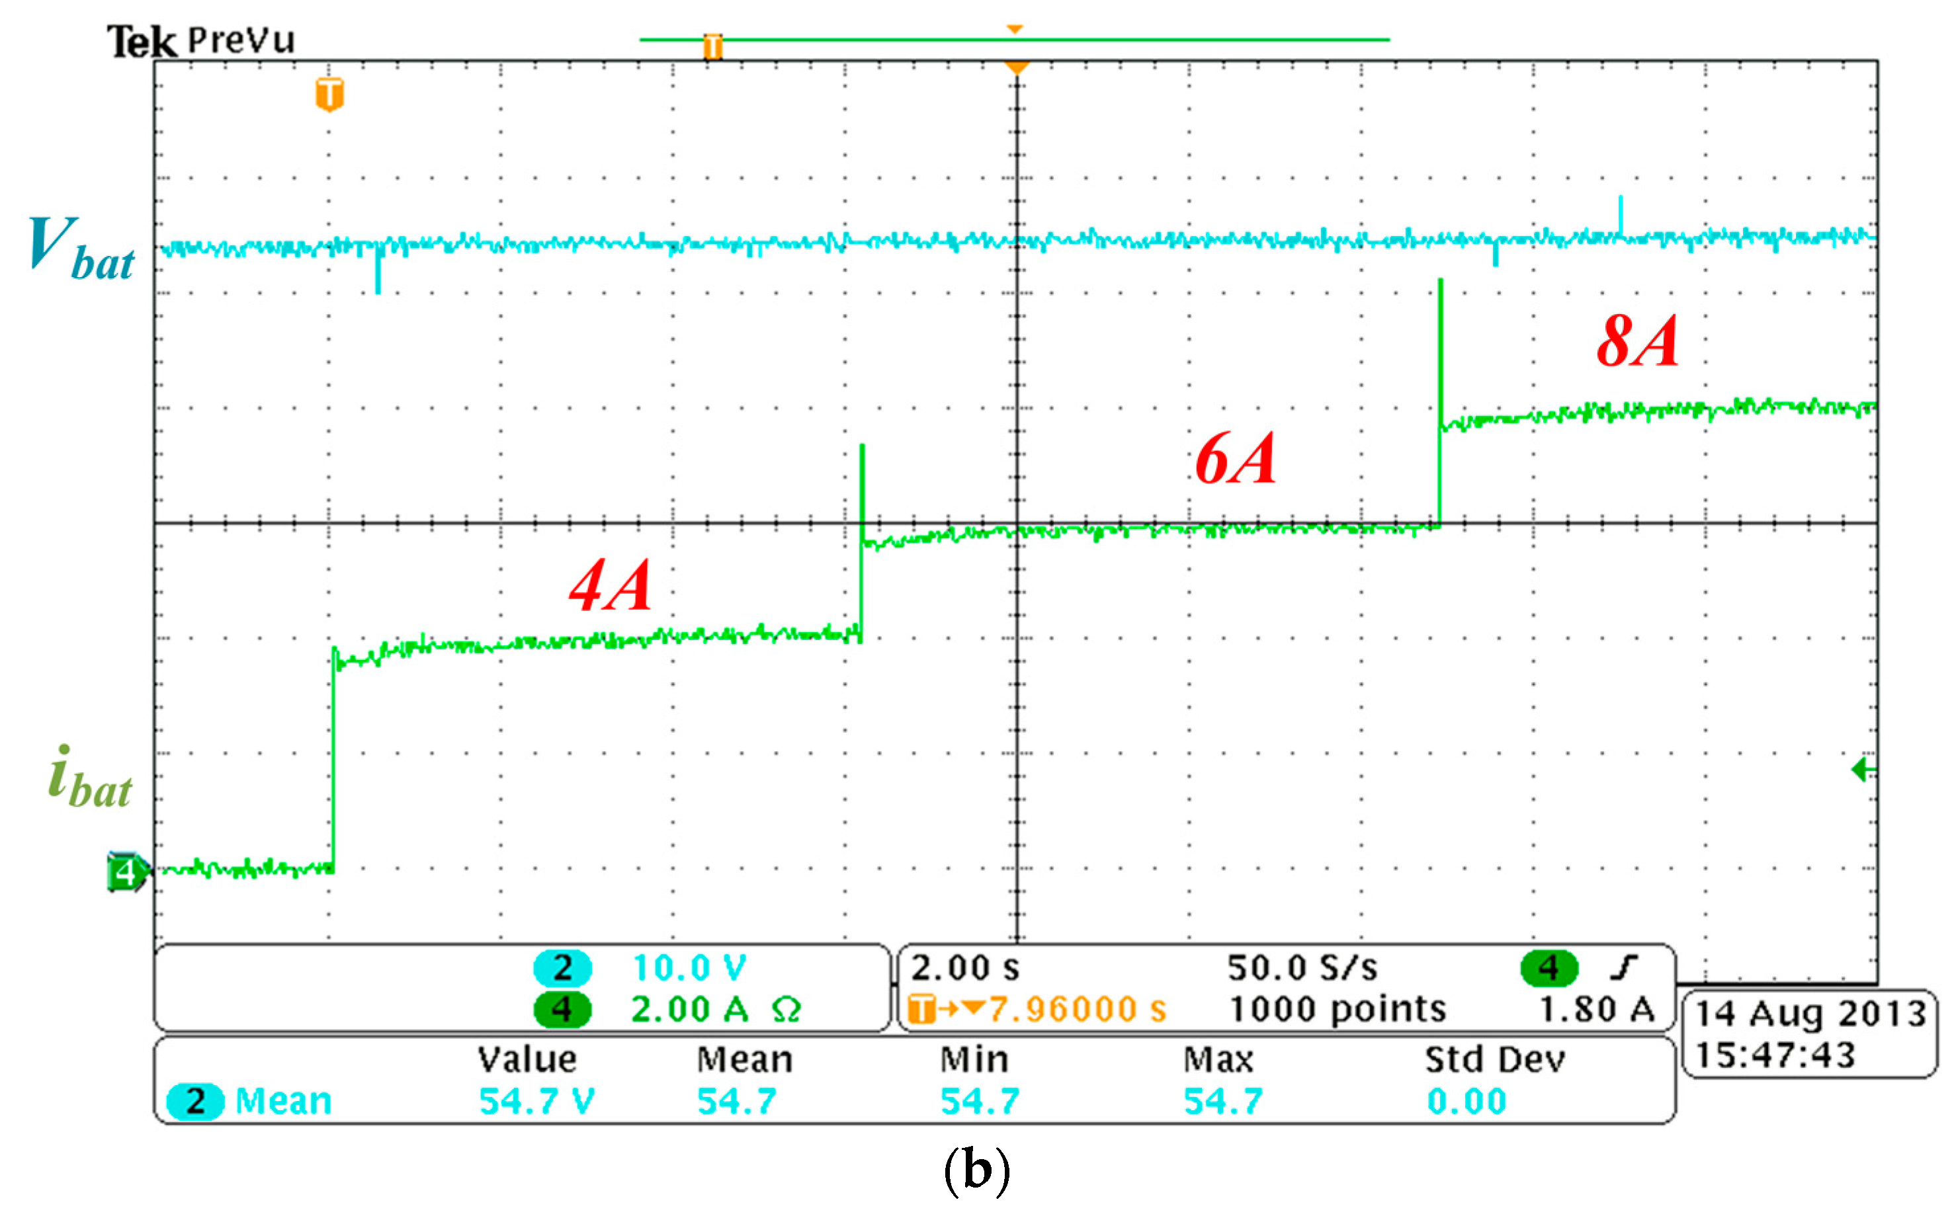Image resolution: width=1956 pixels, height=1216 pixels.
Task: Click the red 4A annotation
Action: click(610, 585)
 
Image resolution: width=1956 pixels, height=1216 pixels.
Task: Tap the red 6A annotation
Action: click(1236, 459)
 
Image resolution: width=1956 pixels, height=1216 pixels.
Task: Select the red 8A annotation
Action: click(1638, 341)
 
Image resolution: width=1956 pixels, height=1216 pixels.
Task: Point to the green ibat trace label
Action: click(90, 778)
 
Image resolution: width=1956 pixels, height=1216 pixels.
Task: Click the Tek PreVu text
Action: click(201, 40)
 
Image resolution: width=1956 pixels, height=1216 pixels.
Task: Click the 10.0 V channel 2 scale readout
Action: click(689, 968)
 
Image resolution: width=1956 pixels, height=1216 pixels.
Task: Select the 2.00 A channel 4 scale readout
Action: click(689, 1009)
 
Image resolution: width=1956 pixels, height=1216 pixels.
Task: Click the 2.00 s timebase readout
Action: click(964, 968)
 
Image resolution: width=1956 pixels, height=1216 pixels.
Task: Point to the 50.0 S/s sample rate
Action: click(1302, 968)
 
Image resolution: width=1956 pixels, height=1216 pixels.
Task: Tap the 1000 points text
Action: click(1338, 1009)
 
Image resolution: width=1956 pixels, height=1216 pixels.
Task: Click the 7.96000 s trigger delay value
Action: click(1077, 1009)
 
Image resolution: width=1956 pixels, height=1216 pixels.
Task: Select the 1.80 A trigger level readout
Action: click(1597, 1009)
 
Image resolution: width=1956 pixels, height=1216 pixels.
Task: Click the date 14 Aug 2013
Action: click(1810, 1015)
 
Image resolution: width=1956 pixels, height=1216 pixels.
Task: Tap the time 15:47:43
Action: click(1775, 1055)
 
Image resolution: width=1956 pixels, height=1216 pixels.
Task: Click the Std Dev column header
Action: click(1495, 1060)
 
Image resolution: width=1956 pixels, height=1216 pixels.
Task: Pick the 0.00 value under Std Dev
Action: click(1467, 1102)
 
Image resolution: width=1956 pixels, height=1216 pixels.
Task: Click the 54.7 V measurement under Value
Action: click(536, 1102)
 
